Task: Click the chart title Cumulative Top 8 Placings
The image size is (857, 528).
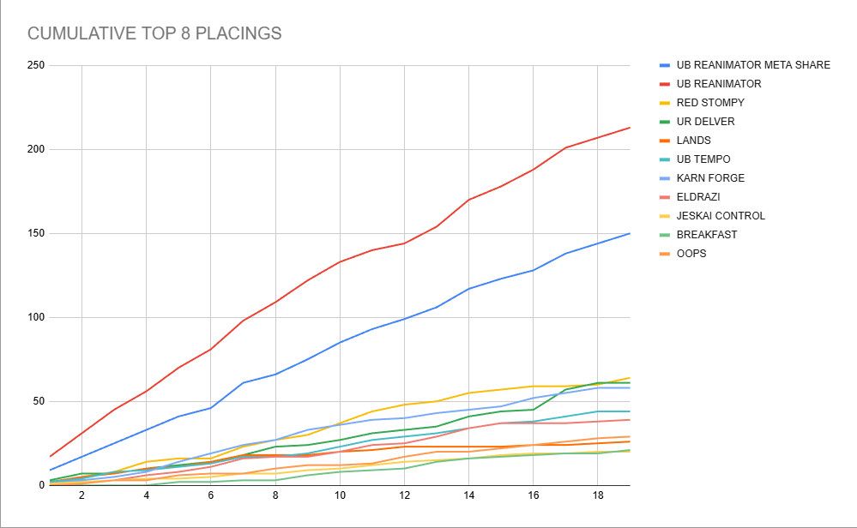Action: [154, 34]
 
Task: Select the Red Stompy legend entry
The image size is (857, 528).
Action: [710, 103]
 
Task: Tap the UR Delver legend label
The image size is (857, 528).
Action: [705, 122]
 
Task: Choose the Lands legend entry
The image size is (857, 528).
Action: [693, 141]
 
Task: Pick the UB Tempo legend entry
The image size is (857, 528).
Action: [703, 159]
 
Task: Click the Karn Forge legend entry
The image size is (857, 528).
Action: [710, 178]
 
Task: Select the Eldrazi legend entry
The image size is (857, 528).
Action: [698, 197]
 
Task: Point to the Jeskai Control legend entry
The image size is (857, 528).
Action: [721, 216]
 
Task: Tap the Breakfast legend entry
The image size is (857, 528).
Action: [706, 235]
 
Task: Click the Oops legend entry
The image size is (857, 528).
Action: [691, 254]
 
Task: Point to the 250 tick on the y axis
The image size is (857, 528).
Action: [36, 65]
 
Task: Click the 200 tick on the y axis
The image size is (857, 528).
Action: [36, 149]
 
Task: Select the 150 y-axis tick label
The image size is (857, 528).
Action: [36, 233]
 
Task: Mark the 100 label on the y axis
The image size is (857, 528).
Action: [36, 317]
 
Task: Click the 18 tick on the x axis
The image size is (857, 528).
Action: [598, 496]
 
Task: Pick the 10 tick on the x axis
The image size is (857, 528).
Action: [340, 496]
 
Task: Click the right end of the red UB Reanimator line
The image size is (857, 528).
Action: [630, 128]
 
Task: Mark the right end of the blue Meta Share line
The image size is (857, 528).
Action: [630, 233]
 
